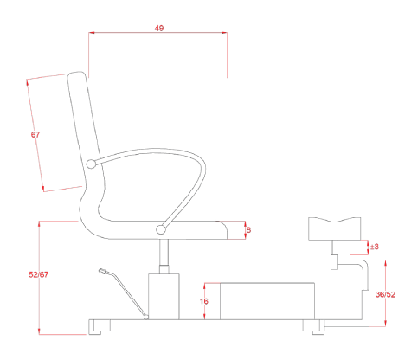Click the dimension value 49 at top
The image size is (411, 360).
(x=159, y=28)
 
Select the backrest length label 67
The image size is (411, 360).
(x=35, y=134)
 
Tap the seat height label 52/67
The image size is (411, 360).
(x=38, y=274)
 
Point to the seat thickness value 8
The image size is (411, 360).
(x=248, y=230)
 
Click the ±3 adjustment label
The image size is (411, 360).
(x=374, y=247)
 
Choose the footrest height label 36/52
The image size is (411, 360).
(x=385, y=294)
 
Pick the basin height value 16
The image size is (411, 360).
(x=204, y=301)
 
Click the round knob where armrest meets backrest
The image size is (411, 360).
(x=91, y=164)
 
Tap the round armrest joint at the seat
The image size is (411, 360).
(x=161, y=229)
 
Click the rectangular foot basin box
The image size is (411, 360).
(x=267, y=301)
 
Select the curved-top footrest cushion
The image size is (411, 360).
(x=335, y=228)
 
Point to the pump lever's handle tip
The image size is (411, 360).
(x=102, y=271)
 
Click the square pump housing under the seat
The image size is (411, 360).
(x=164, y=297)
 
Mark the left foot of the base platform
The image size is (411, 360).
(x=95, y=333)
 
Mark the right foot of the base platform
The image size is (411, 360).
(x=318, y=333)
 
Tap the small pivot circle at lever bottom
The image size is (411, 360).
(x=146, y=318)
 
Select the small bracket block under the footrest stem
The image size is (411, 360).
(x=334, y=262)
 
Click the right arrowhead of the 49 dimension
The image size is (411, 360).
(x=224, y=33)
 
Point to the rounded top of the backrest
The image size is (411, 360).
(x=76, y=73)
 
